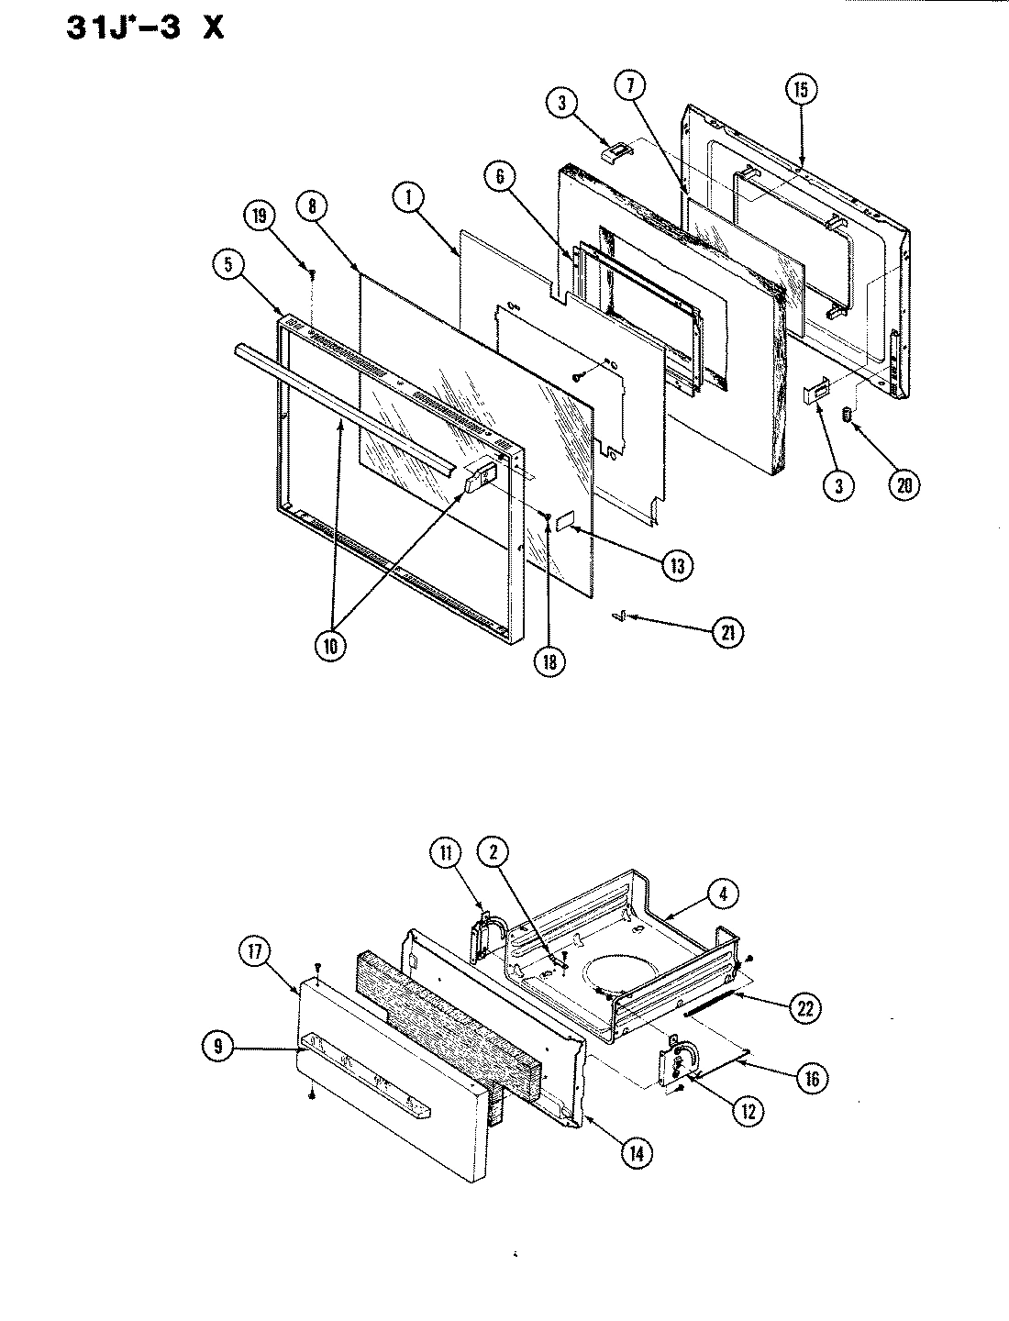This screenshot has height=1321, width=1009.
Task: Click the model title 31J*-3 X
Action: click(x=144, y=28)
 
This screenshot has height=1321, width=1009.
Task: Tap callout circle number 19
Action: click(x=259, y=217)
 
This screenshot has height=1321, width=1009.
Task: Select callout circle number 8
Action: click(x=312, y=207)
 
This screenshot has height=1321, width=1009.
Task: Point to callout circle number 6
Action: click(x=502, y=178)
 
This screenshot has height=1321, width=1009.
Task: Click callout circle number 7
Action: click(x=630, y=87)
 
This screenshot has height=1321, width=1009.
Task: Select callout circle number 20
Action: click(x=904, y=485)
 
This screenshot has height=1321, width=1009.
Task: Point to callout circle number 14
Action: click(x=634, y=1152)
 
